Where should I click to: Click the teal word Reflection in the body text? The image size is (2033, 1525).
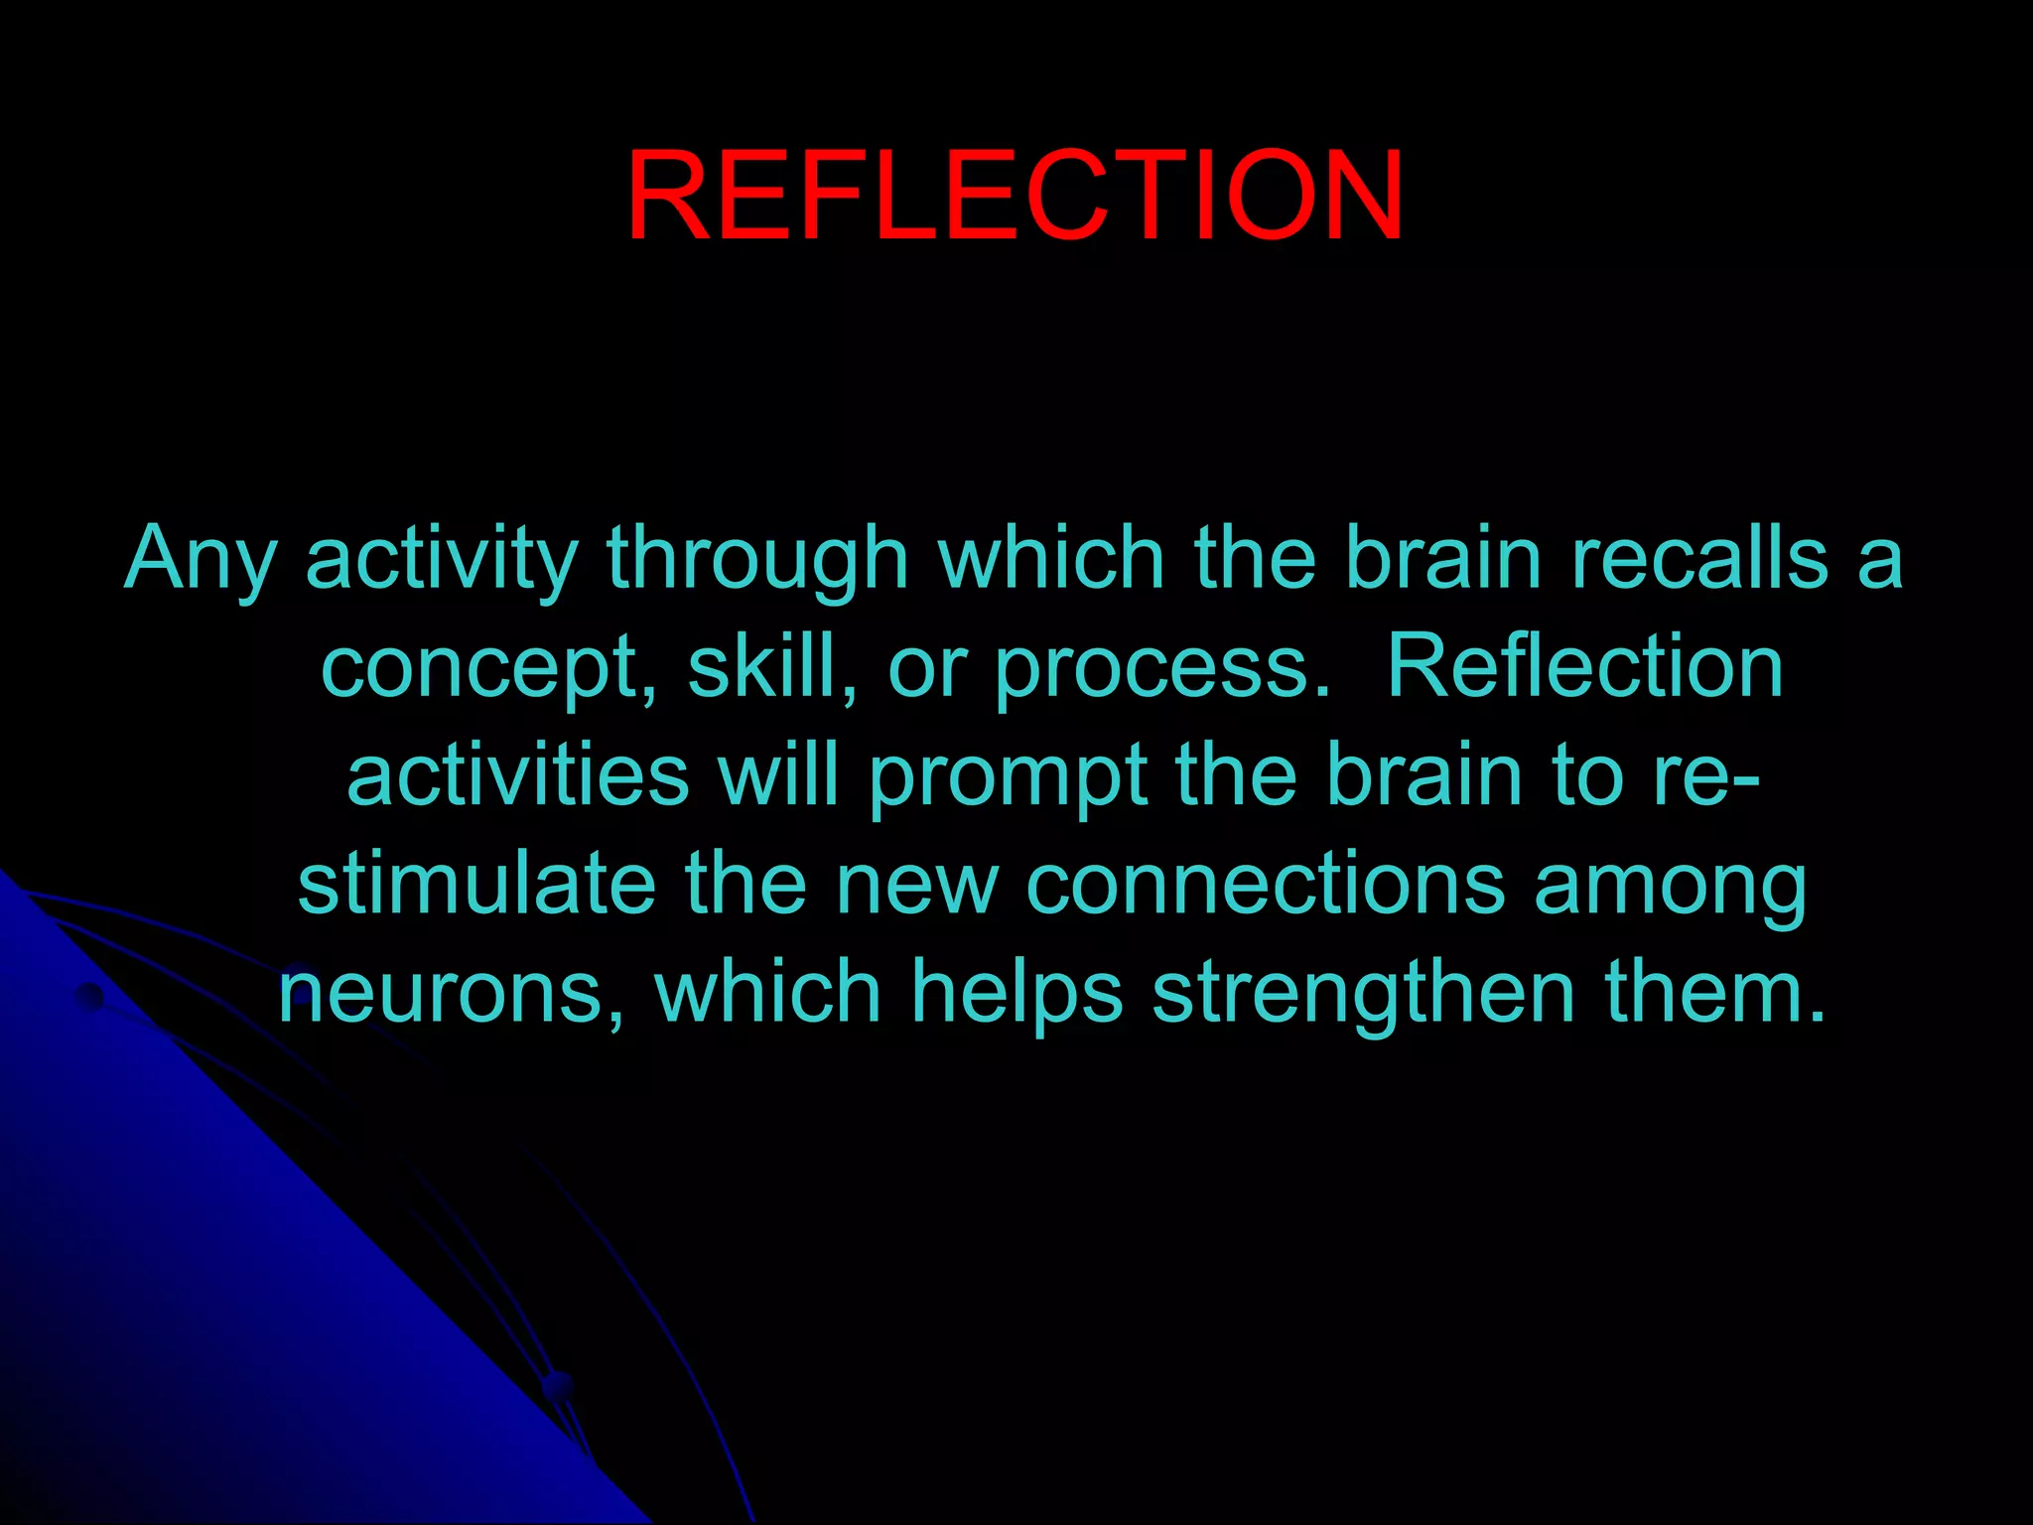(x=1584, y=667)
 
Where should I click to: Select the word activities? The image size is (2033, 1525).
(x=517, y=775)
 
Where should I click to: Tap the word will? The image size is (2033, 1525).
(x=779, y=775)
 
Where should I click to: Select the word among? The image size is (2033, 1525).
(x=1670, y=887)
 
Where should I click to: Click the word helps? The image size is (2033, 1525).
(x=1016, y=993)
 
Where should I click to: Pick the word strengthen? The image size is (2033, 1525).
(x=1363, y=993)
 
